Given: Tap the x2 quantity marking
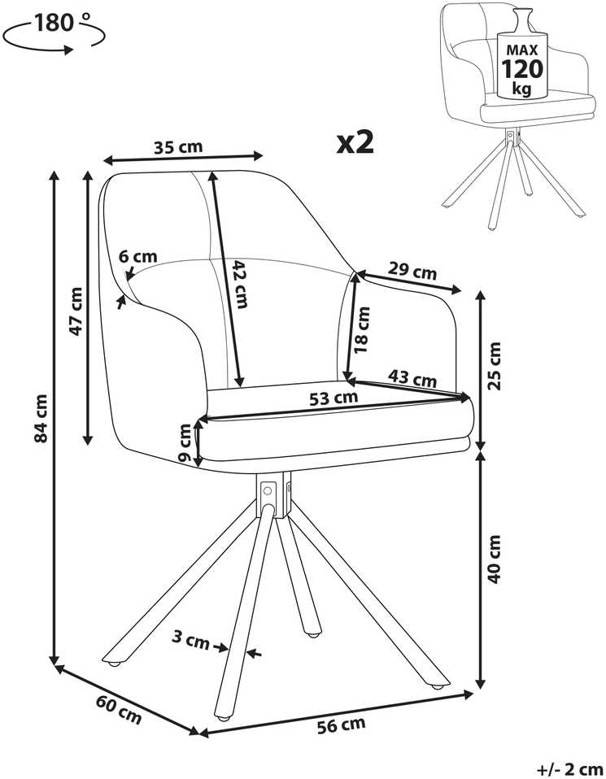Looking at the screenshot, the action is tap(355, 142).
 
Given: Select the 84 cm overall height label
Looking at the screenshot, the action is tap(41, 418).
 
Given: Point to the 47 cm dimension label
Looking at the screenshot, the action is tap(76, 311).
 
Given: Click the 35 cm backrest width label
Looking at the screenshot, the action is tap(178, 147).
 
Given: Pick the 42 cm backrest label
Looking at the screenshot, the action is tap(240, 284).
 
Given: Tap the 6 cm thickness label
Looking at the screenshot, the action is tap(137, 256).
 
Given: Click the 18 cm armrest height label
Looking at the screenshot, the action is tap(362, 330).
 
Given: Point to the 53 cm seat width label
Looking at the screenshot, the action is tap(334, 398).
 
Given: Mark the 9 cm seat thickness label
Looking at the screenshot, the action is tap(184, 442).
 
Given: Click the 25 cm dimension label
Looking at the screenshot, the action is tap(495, 366).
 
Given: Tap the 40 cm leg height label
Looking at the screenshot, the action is tap(495, 559).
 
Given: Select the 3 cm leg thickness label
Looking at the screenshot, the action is tap(190, 639).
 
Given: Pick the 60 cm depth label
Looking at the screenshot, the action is tap(119, 709).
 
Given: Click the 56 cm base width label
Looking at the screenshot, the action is tap(341, 725).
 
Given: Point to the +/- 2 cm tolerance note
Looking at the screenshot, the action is tap(571, 769).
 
